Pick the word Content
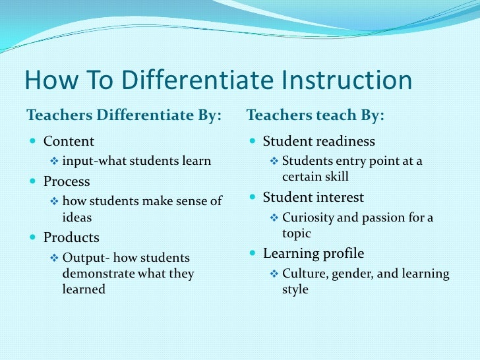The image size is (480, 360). pyautogui.click(x=69, y=141)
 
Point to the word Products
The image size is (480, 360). pyautogui.click(x=71, y=237)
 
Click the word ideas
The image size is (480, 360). pyautogui.click(x=76, y=217)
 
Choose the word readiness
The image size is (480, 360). pyautogui.click(x=344, y=141)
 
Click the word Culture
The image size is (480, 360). pyautogui.click(x=303, y=274)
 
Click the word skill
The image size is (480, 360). pyautogui.click(x=336, y=177)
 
